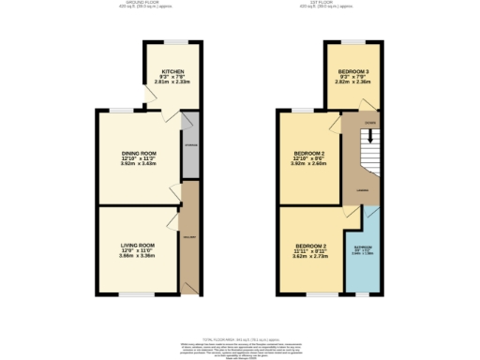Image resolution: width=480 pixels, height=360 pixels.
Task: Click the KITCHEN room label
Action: [172, 70]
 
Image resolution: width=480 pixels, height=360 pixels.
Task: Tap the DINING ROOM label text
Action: [137, 153]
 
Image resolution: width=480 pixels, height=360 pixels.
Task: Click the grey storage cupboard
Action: [190, 145]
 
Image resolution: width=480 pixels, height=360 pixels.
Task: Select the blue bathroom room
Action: [362, 254]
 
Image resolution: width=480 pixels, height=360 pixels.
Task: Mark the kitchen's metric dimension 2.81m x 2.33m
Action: [172, 82]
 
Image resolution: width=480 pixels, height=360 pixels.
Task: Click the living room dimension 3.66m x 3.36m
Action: [137, 255]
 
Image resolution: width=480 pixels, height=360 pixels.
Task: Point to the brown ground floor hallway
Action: [190, 239]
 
